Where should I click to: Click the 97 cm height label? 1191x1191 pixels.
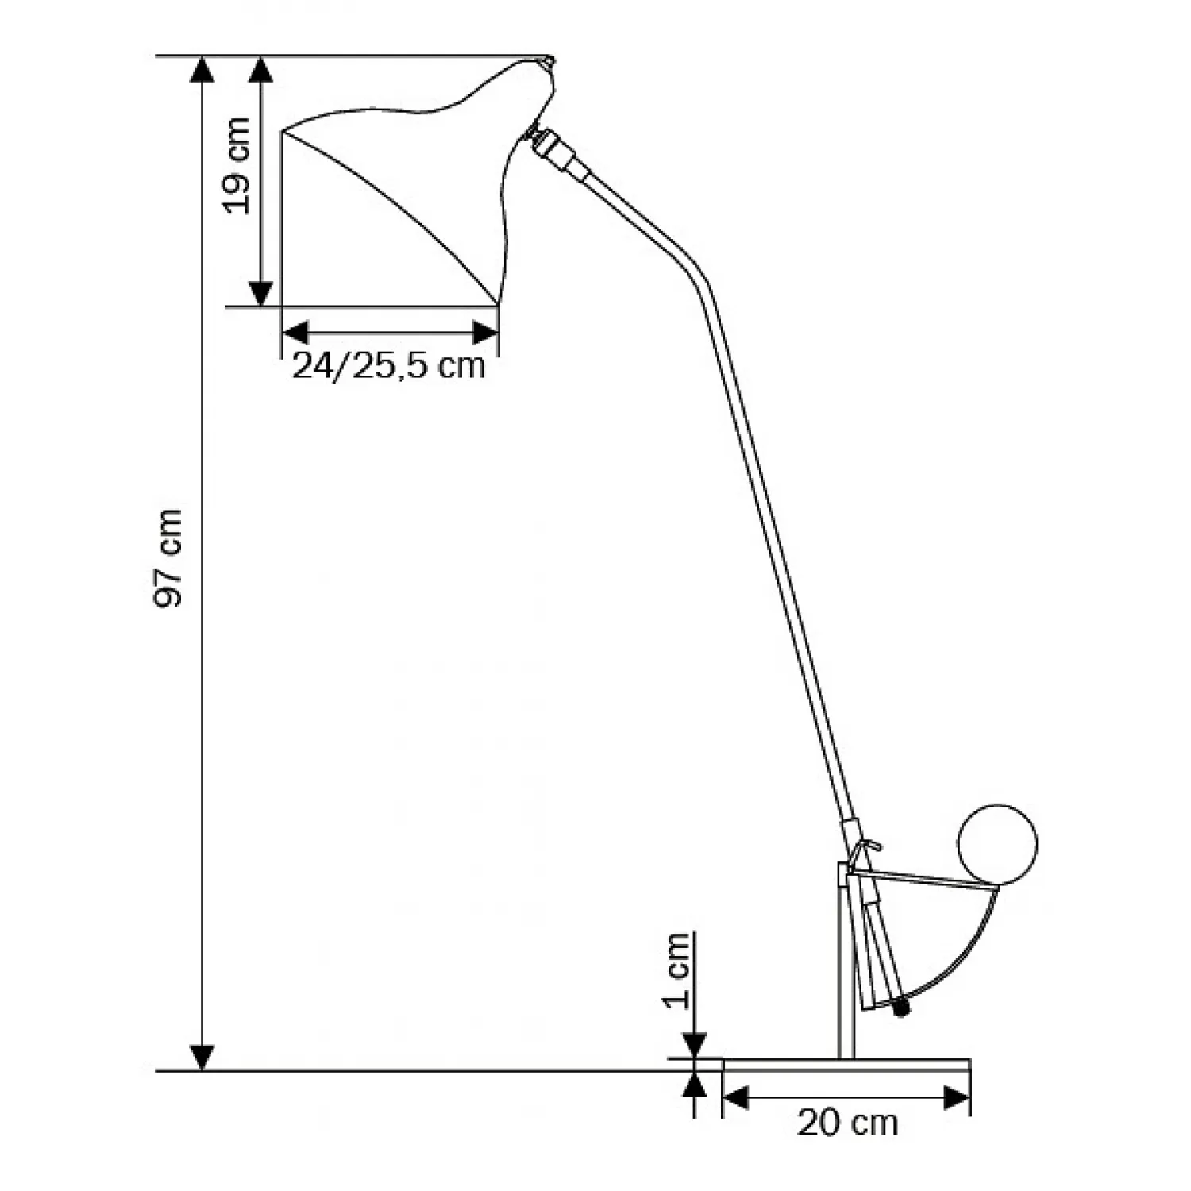[x=168, y=559]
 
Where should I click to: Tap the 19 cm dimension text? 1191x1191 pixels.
[x=237, y=165]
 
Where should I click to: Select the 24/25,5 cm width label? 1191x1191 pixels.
[x=389, y=366]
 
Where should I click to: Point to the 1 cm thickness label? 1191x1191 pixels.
[x=677, y=969]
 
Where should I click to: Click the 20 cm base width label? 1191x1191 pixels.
[x=847, y=1123]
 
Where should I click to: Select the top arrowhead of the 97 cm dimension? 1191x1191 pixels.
[x=203, y=70]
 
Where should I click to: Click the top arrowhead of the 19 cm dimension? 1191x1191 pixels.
[x=261, y=70]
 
